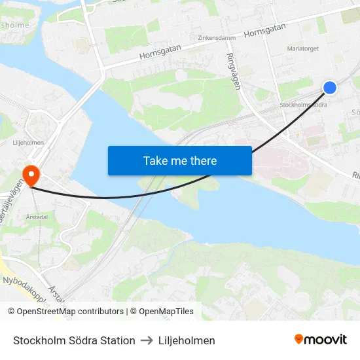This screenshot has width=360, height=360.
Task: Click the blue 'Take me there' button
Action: coord(180,160)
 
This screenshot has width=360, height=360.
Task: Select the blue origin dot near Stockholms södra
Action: coord(330,87)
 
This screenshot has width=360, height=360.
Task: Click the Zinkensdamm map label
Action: coord(216,38)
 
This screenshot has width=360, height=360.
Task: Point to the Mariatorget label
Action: coord(302,48)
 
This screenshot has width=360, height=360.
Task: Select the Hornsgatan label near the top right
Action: coord(264,29)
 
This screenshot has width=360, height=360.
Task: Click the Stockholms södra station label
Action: coord(302,105)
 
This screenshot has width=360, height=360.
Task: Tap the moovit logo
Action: coord(321,339)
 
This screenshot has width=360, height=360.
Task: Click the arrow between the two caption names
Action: coord(146,340)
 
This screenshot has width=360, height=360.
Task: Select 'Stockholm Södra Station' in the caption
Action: coord(74,340)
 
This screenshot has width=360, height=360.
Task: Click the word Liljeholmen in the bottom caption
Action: coord(186,340)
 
